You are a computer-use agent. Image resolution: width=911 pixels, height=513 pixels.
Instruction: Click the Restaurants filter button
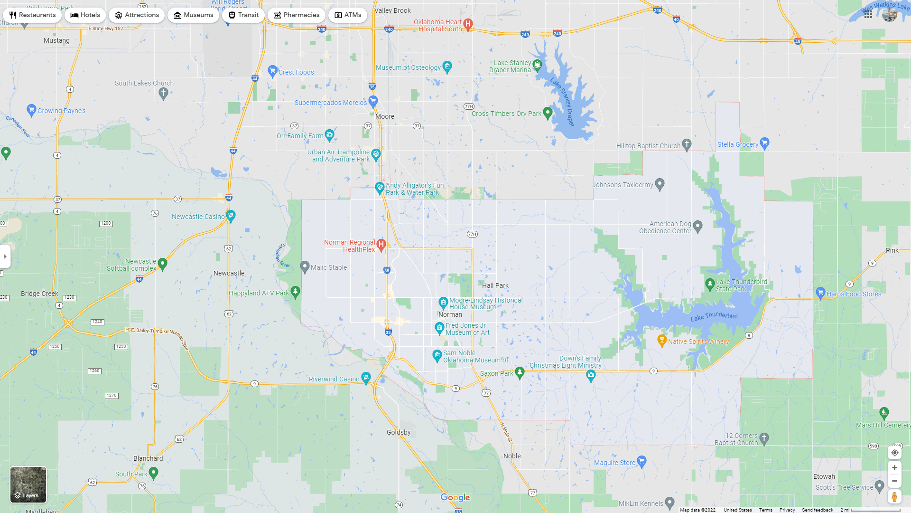coord(32,15)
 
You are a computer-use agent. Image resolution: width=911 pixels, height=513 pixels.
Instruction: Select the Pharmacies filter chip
coord(296,15)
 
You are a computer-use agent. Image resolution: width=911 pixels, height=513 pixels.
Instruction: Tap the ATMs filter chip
coord(347,15)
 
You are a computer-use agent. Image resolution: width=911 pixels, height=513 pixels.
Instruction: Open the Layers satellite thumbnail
coord(28,484)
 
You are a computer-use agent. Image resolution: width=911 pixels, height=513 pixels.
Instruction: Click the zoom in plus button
coord(894,468)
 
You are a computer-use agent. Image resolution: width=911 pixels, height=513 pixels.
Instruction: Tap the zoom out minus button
coord(894,481)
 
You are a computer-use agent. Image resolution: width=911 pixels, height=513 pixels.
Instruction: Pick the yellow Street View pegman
coord(894,497)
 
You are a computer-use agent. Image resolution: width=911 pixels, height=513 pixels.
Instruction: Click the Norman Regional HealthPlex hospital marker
coord(381,245)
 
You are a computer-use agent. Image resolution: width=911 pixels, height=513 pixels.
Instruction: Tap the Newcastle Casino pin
coord(231,216)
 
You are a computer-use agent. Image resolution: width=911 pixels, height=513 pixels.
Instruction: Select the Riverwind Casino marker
coord(366,378)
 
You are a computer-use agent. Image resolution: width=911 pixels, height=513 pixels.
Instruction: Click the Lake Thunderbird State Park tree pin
coord(710,284)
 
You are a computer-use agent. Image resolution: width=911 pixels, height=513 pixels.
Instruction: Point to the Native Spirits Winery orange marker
coord(662,340)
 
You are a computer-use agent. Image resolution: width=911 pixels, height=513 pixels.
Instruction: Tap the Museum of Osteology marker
coord(447,66)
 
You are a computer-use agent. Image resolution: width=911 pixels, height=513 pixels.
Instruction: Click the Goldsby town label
coord(399,432)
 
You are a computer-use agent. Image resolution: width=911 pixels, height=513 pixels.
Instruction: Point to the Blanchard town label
coord(148,458)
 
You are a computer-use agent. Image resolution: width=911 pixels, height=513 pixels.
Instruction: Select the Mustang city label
coord(56,40)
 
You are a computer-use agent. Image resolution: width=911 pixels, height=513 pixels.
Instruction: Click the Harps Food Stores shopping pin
coord(820,293)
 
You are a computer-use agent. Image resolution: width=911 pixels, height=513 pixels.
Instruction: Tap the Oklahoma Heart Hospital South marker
coord(468,24)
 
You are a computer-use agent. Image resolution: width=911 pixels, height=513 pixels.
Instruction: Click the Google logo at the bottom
coord(455,497)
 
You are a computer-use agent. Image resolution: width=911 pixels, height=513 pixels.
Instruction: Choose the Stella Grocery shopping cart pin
coord(764,143)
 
